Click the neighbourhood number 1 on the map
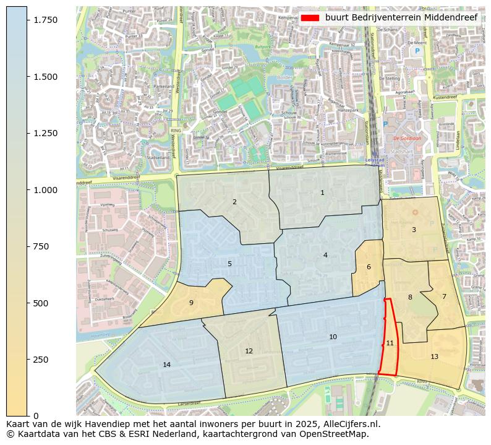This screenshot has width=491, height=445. (322, 193)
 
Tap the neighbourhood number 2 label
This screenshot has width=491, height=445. (234, 202)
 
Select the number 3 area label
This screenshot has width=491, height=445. (414, 230)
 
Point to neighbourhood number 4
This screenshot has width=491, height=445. (325, 256)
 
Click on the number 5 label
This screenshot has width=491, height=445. (229, 264)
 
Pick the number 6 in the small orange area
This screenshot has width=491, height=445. (369, 267)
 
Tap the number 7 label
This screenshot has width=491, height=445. (443, 297)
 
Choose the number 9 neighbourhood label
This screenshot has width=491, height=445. (191, 303)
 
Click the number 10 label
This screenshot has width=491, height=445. (333, 337)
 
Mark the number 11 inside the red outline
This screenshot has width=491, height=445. (390, 343)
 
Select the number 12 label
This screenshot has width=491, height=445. (249, 352)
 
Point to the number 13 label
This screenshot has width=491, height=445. (434, 357)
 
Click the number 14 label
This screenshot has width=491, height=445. (166, 365)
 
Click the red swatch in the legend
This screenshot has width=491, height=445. (311, 18)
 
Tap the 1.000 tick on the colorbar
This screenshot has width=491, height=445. (45, 190)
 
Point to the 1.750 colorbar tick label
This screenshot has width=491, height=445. (45, 20)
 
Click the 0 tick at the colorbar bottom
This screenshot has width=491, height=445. (36, 416)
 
